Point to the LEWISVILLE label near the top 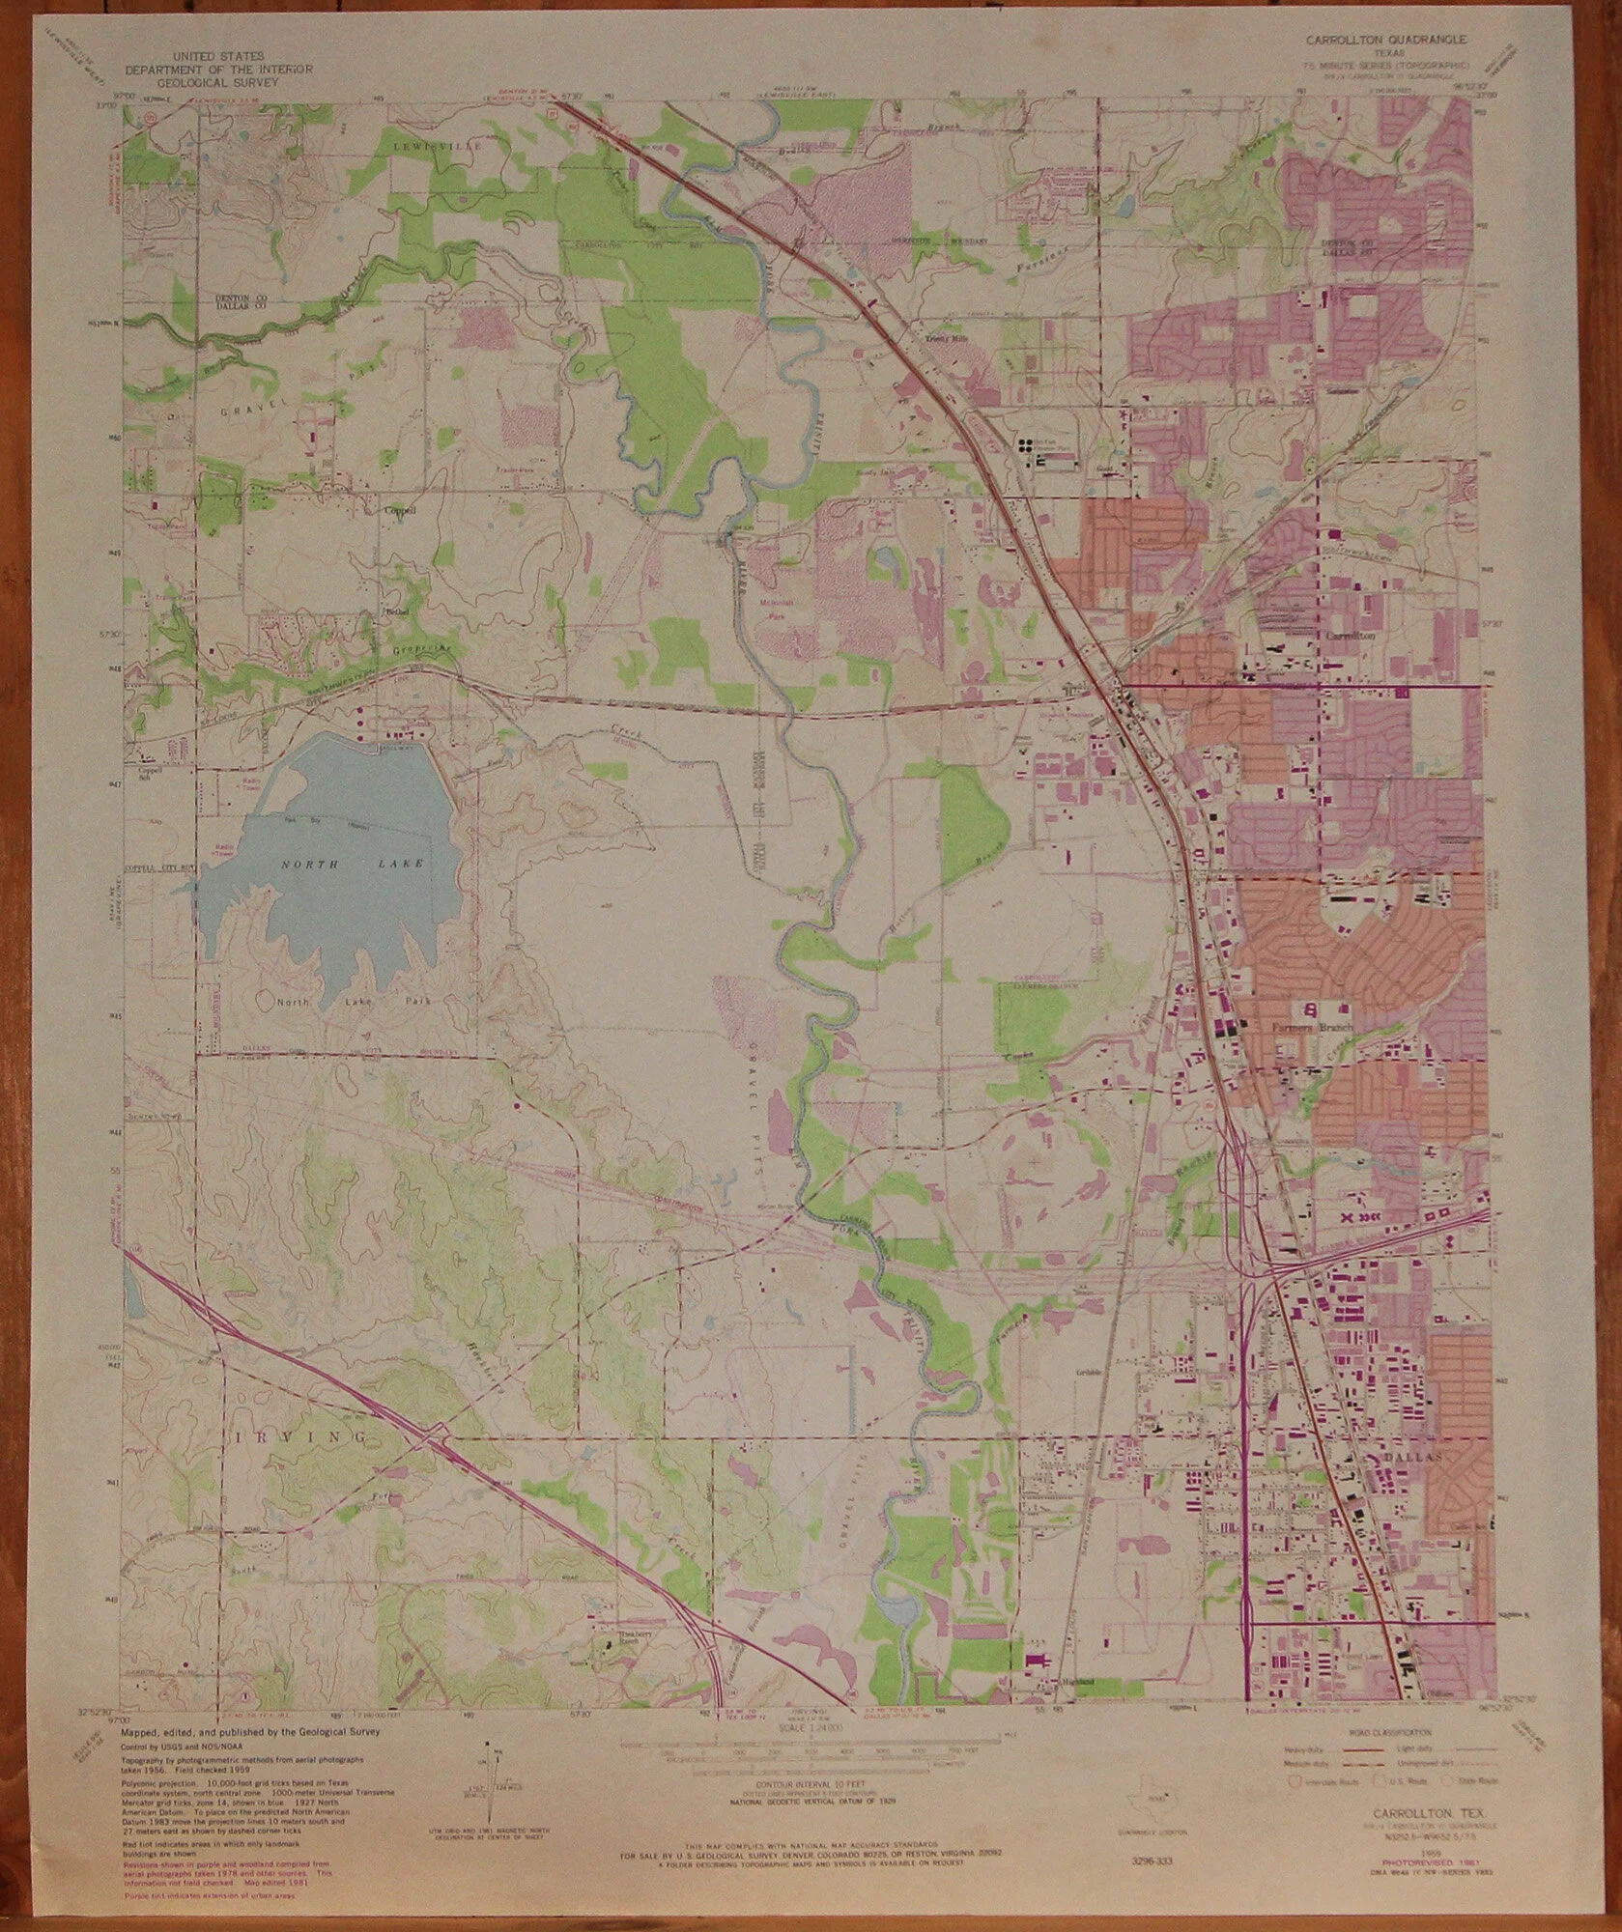click(x=424, y=144)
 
